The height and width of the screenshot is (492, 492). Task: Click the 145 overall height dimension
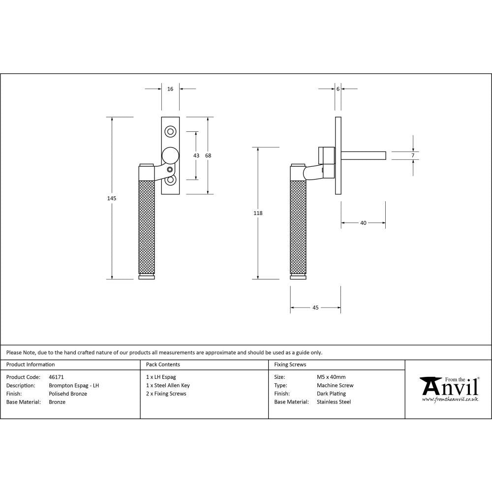tap(112, 198)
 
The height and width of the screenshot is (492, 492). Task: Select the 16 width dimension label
tap(170, 89)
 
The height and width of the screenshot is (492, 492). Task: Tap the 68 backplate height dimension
tap(208, 155)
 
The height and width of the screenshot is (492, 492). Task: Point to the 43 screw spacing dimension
tap(196, 155)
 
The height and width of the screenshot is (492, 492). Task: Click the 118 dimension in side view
tap(258, 213)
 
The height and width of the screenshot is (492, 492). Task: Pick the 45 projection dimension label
tap(315, 307)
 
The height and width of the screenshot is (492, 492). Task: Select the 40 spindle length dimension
tap(363, 223)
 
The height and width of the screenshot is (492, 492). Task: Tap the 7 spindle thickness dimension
tap(413, 155)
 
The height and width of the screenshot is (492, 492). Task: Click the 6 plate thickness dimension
tap(338, 89)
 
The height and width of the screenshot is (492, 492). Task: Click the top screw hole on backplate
tap(171, 131)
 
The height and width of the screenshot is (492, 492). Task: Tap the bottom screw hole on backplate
tap(171, 181)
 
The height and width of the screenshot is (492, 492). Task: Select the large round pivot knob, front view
tap(171, 155)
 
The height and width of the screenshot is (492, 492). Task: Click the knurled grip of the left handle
tap(147, 226)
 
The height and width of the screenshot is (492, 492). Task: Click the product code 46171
tap(57, 377)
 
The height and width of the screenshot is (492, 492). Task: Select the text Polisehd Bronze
tap(68, 394)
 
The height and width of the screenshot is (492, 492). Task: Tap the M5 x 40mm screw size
tap(331, 377)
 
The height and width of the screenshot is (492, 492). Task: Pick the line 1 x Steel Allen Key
tap(168, 386)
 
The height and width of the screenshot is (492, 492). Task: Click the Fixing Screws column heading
tap(290, 365)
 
